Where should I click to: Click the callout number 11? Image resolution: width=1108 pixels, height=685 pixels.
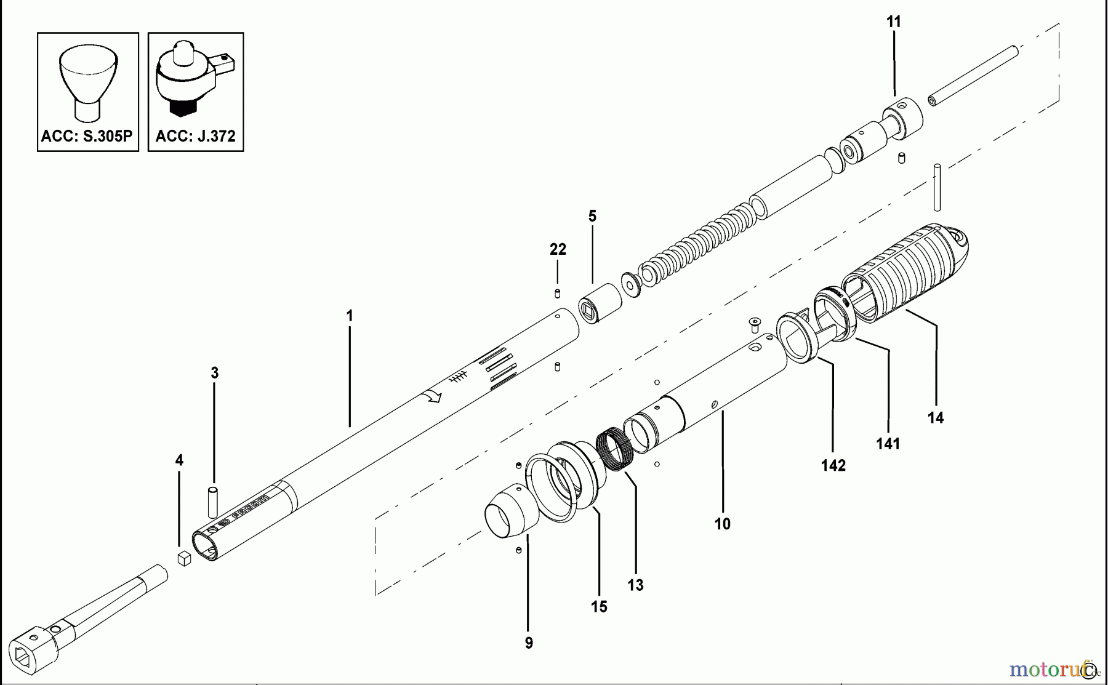[x=893, y=22]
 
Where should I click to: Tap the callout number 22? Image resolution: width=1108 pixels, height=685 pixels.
[x=558, y=249]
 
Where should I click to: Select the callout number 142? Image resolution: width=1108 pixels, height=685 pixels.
[x=833, y=465]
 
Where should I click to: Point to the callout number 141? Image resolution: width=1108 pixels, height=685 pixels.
[x=888, y=443]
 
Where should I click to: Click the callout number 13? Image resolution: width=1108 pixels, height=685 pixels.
[x=635, y=585]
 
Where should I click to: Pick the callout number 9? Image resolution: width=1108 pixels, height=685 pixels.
[x=529, y=643]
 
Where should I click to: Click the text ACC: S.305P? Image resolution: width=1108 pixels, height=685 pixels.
[x=87, y=136]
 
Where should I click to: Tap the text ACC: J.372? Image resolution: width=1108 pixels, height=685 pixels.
[x=196, y=136]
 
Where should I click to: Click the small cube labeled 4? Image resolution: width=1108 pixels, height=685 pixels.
[x=184, y=558]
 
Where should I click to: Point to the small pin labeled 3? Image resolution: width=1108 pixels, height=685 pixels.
[x=213, y=502]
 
